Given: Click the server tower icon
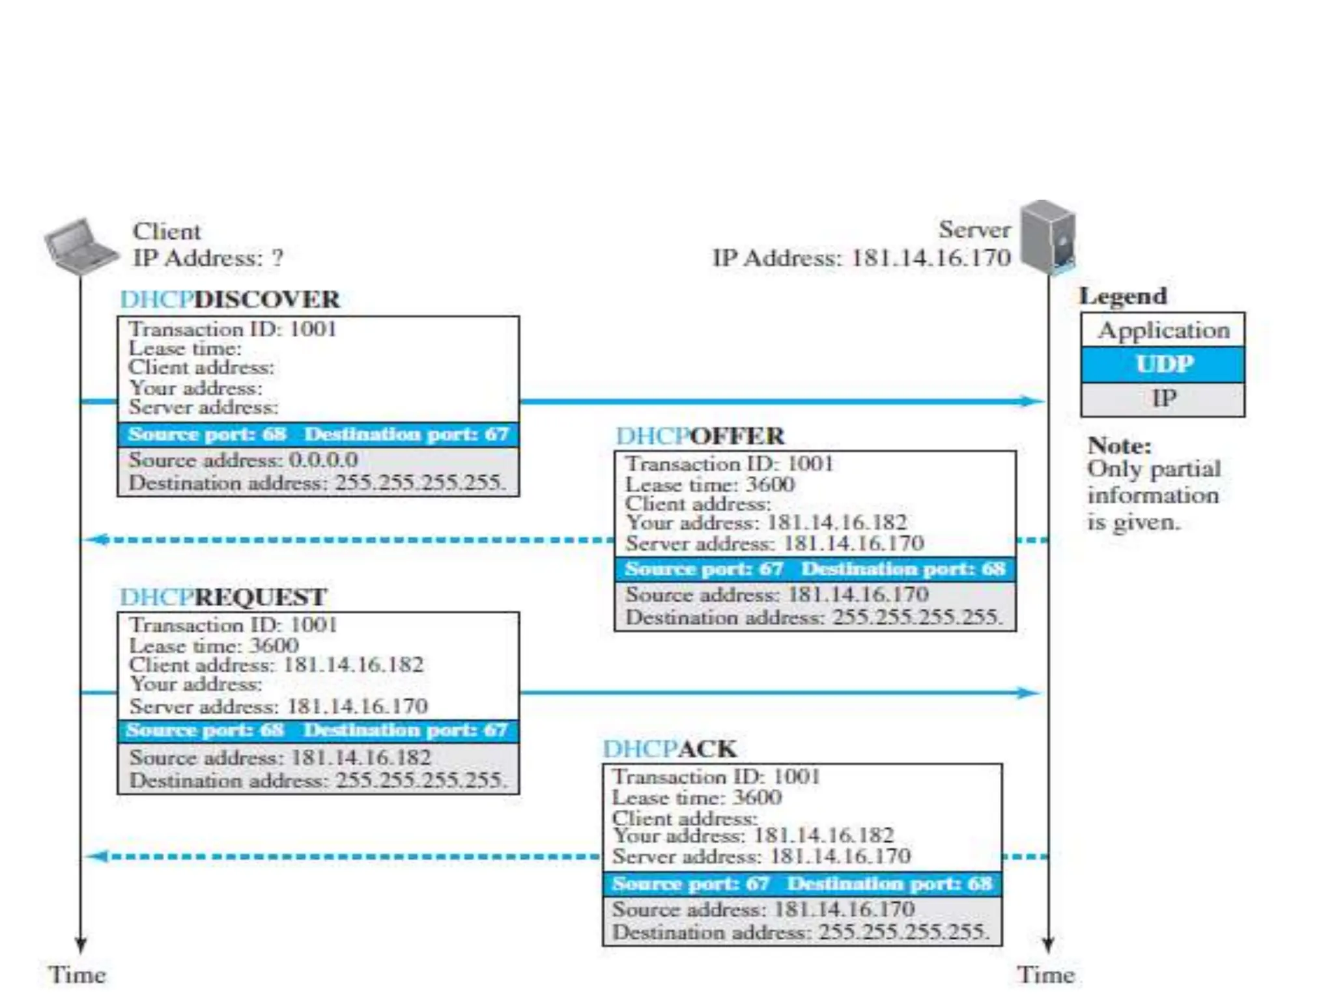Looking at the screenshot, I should [x=1047, y=237].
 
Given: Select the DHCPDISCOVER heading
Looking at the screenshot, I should [x=230, y=299].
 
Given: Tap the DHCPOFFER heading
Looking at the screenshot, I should [x=700, y=436].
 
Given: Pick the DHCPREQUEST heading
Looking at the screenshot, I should [x=223, y=597].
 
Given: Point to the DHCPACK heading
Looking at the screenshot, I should [x=670, y=749].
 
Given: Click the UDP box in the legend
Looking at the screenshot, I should [x=1163, y=365].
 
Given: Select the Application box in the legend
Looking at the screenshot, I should [x=1163, y=331].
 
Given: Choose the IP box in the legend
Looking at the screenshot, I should [x=1163, y=398].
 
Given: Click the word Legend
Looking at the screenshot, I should [x=1123, y=296].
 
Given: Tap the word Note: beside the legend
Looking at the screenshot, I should [x=1119, y=446].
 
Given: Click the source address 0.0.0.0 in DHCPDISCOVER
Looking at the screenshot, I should [x=323, y=460].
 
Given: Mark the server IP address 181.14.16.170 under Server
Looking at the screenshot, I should [x=931, y=258].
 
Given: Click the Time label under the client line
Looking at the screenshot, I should [x=78, y=975].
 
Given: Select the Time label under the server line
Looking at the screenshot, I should [x=1045, y=975].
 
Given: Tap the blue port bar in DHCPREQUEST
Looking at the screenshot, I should [x=318, y=730].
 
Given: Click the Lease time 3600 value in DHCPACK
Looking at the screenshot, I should [x=757, y=798].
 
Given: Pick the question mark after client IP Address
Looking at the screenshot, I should [x=277, y=258].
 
